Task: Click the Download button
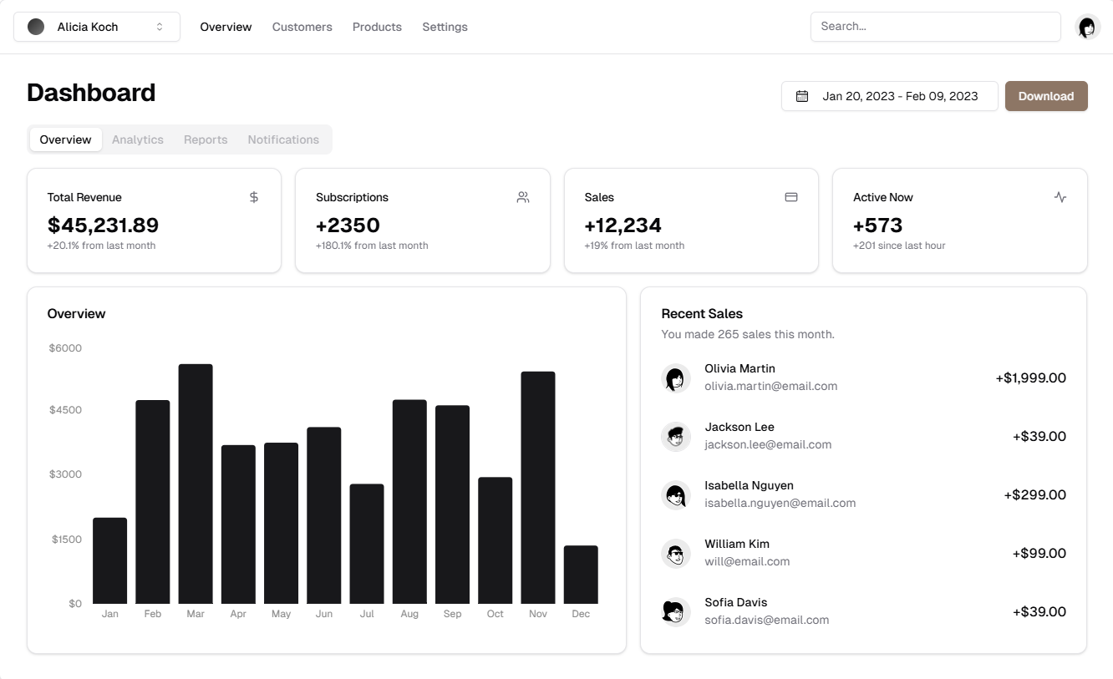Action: point(1045,96)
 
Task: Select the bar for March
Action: point(196,484)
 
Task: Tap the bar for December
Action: point(581,575)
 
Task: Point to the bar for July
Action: point(367,544)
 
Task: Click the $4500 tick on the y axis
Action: point(65,410)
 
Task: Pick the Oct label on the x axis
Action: point(496,614)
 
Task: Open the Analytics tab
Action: point(138,139)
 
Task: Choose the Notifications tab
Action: point(283,139)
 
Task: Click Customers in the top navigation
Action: point(302,27)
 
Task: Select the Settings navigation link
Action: point(445,27)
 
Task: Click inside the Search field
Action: point(935,27)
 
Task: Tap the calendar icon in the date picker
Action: point(802,96)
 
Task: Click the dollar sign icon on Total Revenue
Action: point(254,197)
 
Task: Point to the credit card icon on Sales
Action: point(791,197)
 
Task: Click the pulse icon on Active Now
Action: point(1060,197)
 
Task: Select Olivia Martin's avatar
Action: point(676,378)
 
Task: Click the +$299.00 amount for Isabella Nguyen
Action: point(1034,494)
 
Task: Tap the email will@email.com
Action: point(747,561)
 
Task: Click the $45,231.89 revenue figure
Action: point(103,225)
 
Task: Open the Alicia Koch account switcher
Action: point(97,27)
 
